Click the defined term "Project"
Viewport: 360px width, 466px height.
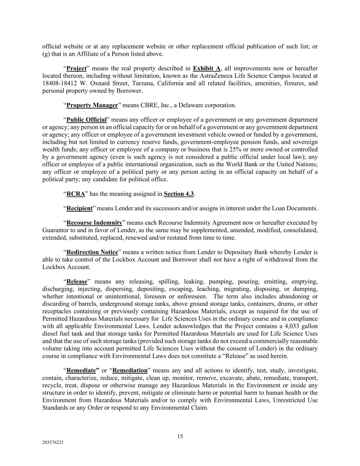click(x=76, y=68)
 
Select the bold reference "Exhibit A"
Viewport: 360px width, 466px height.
click(x=206, y=68)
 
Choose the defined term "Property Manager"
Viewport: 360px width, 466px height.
click(x=92, y=105)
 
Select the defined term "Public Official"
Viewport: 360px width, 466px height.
click(x=86, y=120)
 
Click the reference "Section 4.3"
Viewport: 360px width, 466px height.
click(x=179, y=194)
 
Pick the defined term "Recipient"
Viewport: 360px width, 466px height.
click(x=80, y=208)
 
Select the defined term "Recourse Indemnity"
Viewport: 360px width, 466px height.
click(x=94, y=223)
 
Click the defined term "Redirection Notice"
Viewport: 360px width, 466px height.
click(x=92, y=252)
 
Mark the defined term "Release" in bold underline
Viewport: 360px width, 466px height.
click(x=77, y=282)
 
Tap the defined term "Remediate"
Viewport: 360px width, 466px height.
click(x=81, y=370)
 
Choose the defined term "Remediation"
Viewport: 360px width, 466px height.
click(x=130, y=370)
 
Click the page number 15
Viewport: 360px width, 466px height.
click(x=180, y=436)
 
